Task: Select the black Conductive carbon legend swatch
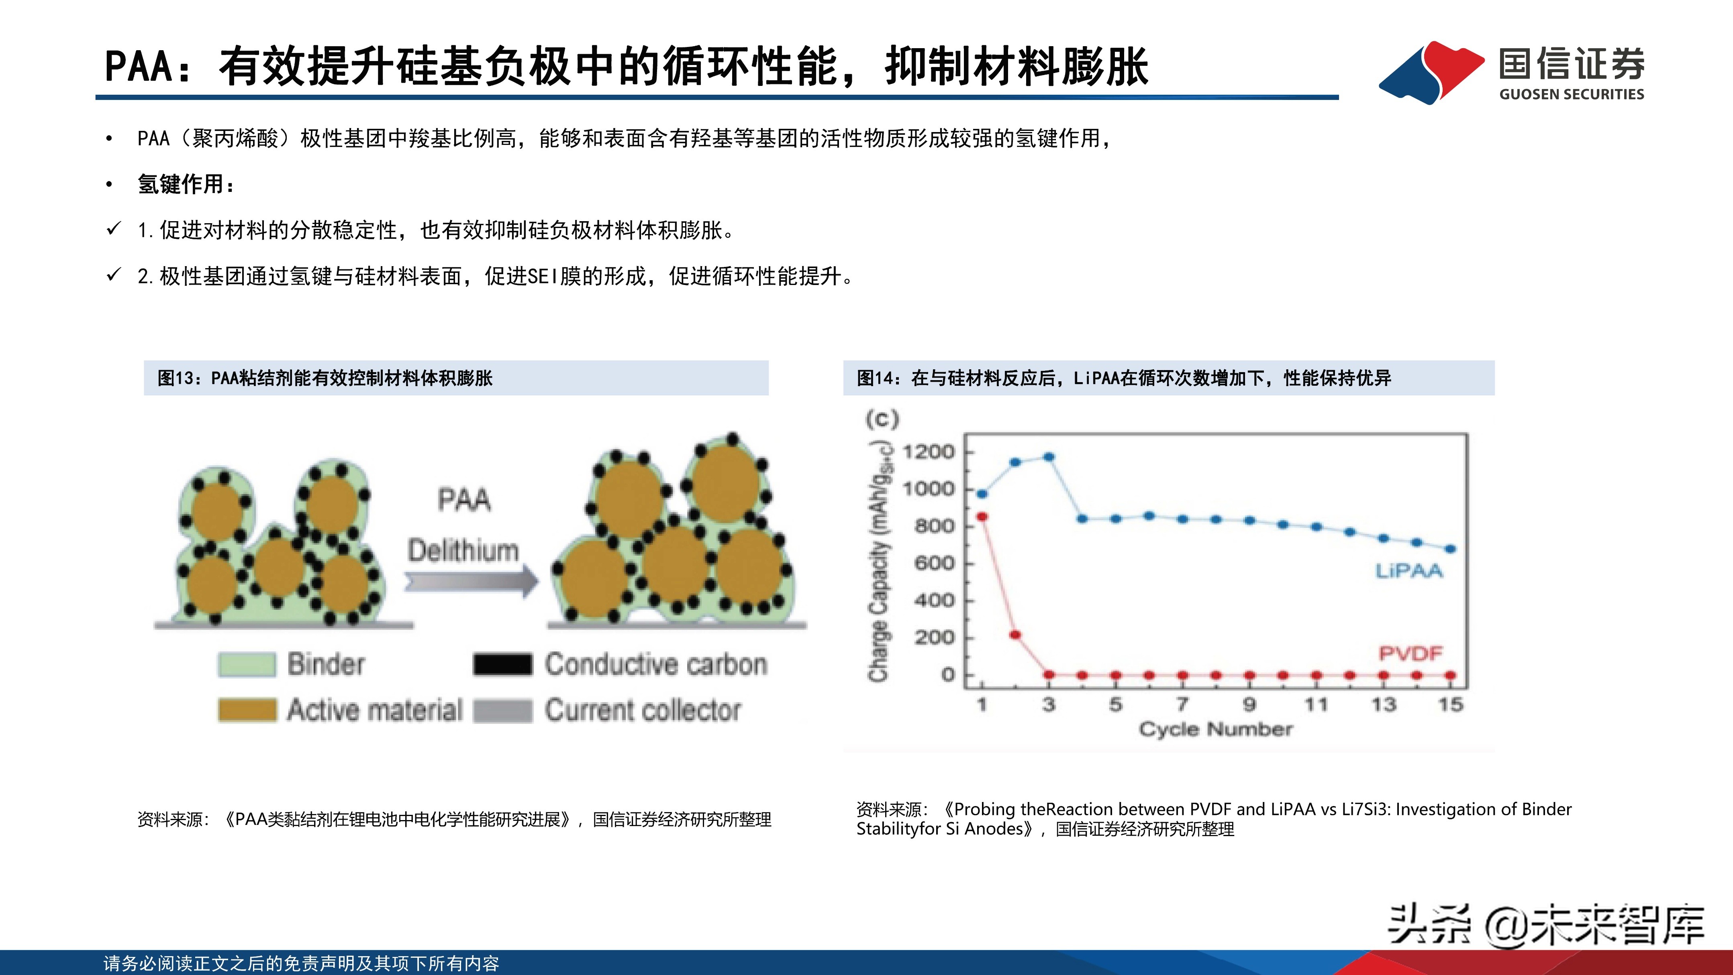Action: click(502, 664)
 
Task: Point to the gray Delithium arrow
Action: click(471, 580)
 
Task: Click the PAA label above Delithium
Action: click(464, 500)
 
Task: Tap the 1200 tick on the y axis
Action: click(929, 452)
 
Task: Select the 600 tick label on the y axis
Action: click(935, 564)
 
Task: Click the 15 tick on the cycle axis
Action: click(1450, 705)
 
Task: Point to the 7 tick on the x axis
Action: click(1182, 705)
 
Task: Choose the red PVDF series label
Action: click(1410, 653)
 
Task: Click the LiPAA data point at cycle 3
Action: click(1049, 457)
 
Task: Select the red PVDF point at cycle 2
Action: click(1016, 635)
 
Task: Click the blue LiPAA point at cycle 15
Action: click(1450, 550)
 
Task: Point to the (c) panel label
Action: click(882, 419)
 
